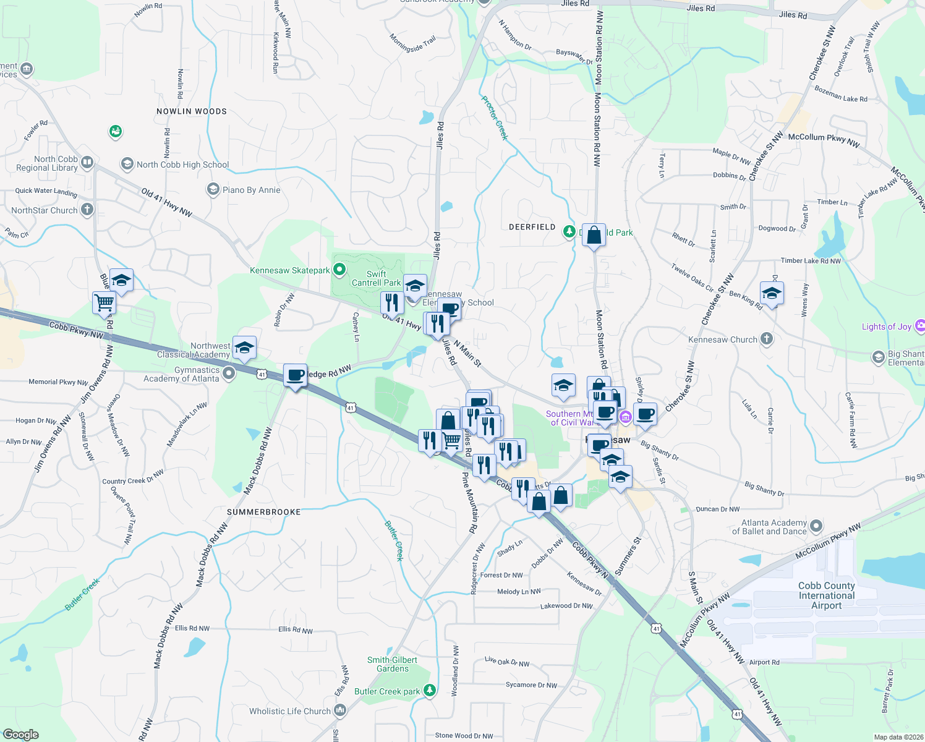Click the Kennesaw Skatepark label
click(290, 270)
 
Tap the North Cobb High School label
click(182, 164)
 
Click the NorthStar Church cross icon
click(87, 209)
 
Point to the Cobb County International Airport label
click(826, 595)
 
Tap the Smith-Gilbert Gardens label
click(392, 664)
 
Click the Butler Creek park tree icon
click(430, 690)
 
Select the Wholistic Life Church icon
click(340, 710)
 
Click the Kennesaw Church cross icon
click(767, 338)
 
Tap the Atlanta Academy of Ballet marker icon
click(816, 526)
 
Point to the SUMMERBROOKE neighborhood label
click(263, 512)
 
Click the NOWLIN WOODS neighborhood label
click(192, 111)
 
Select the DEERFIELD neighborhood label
click(532, 227)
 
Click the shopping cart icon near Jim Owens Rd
click(104, 303)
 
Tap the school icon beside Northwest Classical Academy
click(244, 349)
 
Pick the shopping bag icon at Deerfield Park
click(594, 235)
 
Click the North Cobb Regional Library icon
click(87, 163)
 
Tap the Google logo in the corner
click(21, 735)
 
